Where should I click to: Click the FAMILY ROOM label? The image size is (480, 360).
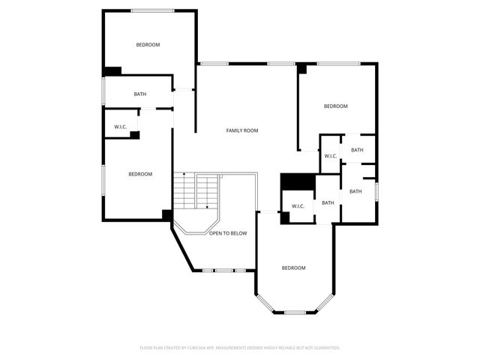pyautogui.click(x=242, y=130)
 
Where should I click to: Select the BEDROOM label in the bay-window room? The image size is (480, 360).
pyautogui.click(x=293, y=268)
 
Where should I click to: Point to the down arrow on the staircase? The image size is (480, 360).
pyautogui.click(x=207, y=205)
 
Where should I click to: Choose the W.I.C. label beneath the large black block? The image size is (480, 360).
pyautogui.click(x=297, y=206)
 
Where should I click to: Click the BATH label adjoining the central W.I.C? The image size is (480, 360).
pyautogui.click(x=328, y=202)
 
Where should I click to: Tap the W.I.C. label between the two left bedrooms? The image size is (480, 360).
pyautogui.click(x=121, y=127)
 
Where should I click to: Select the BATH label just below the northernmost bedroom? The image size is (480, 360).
pyautogui.click(x=140, y=94)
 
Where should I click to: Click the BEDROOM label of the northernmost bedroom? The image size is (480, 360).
pyautogui.click(x=148, y=45)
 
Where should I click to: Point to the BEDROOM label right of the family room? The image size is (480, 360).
pyautogui.click(x=335, y=106)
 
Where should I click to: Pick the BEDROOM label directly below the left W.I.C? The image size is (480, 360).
pyautogui.click(x=139, y=174)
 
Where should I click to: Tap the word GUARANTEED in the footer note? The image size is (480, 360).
pyautogui.click(x=325, y=348)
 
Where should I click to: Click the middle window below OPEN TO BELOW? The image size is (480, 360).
pyautogui.click(x=224, y=269)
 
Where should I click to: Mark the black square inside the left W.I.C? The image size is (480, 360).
pyautogui.click(x=135, y=135)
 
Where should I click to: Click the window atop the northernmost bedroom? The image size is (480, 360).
pyautogui.click(x=153, y=10)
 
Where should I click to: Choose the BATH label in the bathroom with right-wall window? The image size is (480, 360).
pyautogui.click(x=355, y=191)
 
